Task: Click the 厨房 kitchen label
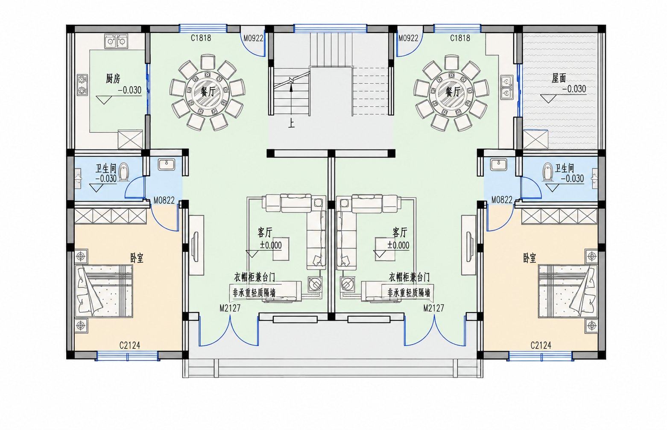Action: tap(113, 79)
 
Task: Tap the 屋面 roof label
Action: tap(559, 78)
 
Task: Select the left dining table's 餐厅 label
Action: tap(208, 92)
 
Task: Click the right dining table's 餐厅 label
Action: tap(453, 92)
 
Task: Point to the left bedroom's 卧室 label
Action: tap(137, 258)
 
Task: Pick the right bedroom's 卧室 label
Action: tap(530, 258)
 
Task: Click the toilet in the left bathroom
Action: tap(123, 172)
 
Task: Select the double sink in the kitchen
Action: tap(116, 41)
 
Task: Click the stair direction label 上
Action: tap(291, 123)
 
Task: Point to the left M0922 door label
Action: tap(253, 38)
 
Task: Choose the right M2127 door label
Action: tap(433, 308)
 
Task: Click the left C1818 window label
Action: tap(201, 38)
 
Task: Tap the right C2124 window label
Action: tap(541, 345)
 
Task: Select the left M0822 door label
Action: tap(164, 200)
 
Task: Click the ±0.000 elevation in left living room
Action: tap(271, 246)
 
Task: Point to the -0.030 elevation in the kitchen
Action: tap(130, 90)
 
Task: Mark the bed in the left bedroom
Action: tap(103, 291)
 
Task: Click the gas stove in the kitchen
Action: tap(82, 85)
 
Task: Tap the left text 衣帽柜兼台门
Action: tap(255, 278)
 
